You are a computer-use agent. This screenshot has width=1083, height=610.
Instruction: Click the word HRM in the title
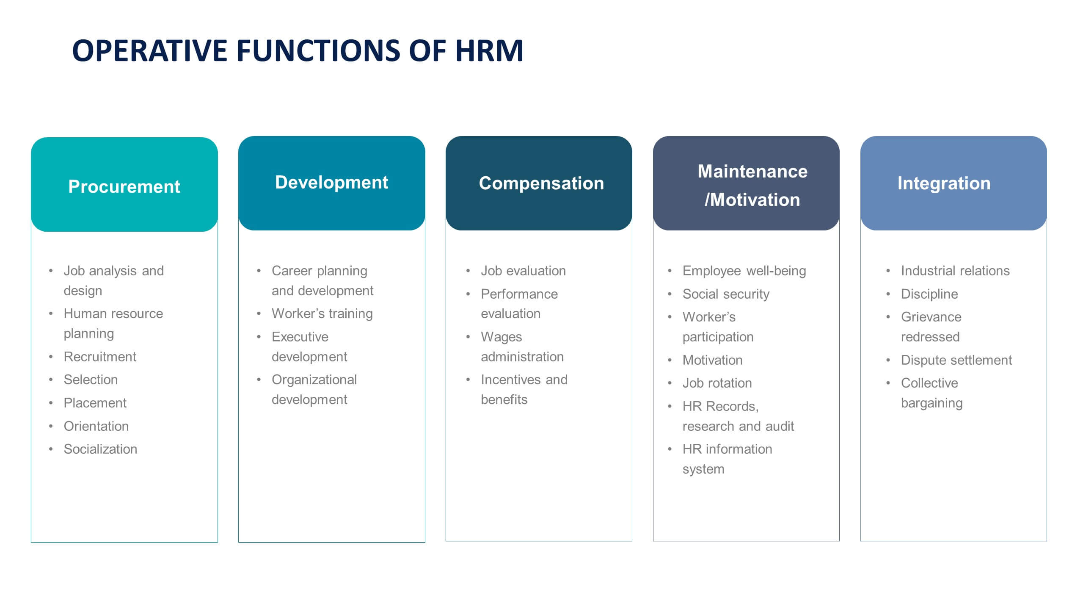pyautogui.click(x=489, y=51)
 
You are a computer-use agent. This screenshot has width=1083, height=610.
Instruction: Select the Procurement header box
pyautogui.click(x=124, y=185)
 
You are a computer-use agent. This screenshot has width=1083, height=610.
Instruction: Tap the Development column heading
pyautogui.click(x=331, y=182)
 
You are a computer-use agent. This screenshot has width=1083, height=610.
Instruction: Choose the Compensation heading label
pyautogui.click(x=541, y=183)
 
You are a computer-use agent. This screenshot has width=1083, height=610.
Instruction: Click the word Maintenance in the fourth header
pyautogui.click(x=752, y=172)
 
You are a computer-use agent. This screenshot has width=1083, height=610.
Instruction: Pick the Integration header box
pyautogui.click(x=953, y=183)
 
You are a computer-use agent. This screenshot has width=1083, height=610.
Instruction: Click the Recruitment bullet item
pyautogui.click(x=100, y=357)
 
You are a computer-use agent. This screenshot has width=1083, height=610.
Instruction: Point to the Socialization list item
pyautogui.click(x=100, y=449)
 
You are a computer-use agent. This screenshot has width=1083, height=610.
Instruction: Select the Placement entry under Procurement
pyautogui.click(x=95, y=403)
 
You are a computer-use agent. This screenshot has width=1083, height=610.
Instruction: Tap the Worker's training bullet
pyautogui.click(x=322, y=313)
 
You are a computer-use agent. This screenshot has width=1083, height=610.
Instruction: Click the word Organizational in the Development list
pyautogui.click(x=314, y=380)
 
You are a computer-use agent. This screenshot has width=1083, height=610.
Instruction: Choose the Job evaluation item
pyautogui.click(x=523, y=271)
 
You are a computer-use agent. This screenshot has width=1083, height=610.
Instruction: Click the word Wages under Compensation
pyautogui.click(x=501, y=337)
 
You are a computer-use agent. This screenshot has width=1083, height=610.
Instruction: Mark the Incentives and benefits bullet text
pyautogui.click(x=524, y=389)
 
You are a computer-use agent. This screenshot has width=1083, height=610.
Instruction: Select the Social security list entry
pyautogui.click(x=726, y=294)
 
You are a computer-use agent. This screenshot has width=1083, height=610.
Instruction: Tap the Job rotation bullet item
pyautogui.click(x=717, y=383)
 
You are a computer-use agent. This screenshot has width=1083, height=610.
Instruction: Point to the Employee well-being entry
pyautogui.click(x=744, y=271)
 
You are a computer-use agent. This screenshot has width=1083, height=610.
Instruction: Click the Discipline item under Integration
pyautogui.click(x=929, y=294)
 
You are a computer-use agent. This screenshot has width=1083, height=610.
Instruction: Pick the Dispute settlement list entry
pyautogui.click(x=956, y=360)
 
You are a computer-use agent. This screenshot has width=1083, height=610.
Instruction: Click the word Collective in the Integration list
pyautogui.click(x=929, y=383)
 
